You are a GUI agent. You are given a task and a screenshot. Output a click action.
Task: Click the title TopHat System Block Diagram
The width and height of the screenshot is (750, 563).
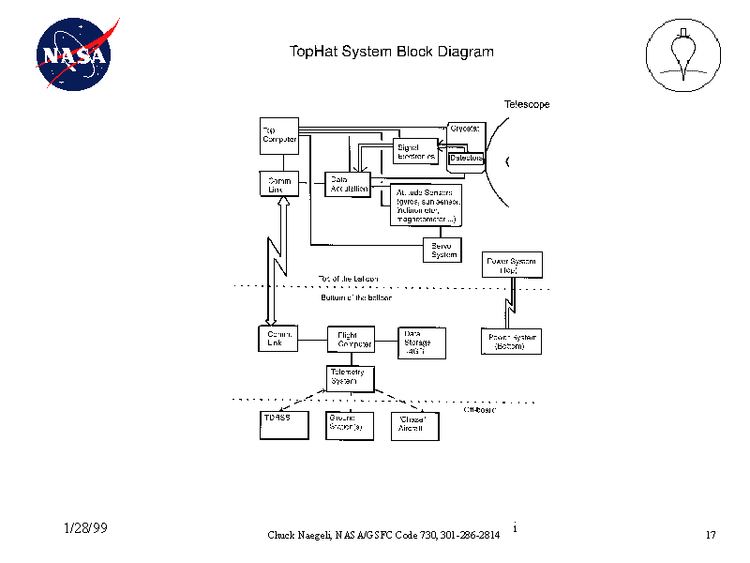click(x=391, y=52)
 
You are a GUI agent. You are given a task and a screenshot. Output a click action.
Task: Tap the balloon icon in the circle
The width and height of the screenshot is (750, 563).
click(x=683, y=53)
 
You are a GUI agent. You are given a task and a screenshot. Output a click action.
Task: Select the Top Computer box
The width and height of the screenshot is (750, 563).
click(x=278, y=135)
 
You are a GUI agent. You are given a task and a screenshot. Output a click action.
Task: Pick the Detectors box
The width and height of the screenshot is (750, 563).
click(x=466, y=159)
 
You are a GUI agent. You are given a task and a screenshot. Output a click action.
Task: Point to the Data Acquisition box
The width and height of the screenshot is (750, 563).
click(x=348, y=184)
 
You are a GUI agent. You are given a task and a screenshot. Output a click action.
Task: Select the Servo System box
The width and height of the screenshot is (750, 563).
click(x=444, y=250)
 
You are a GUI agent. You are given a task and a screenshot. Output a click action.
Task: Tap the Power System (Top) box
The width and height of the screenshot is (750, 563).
click(x=511, y=265)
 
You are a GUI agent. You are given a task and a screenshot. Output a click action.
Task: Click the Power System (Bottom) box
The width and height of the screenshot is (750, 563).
click(x=511, y=342)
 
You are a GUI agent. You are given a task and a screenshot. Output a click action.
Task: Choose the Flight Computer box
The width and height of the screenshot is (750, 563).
click(x=351, y=339)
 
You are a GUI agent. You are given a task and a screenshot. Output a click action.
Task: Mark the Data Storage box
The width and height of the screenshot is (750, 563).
click(x=421, y=342)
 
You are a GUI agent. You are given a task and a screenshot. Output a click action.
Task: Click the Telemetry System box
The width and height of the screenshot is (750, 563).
click(x=351, y=377)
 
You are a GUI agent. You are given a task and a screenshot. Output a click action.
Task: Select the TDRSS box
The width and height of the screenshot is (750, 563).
click(x=282, y=424)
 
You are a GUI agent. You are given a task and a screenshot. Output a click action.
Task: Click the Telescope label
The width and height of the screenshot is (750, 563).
click(x=527, y=104)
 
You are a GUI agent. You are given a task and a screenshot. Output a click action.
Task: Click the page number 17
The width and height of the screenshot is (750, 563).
click(x=710, y=535)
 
